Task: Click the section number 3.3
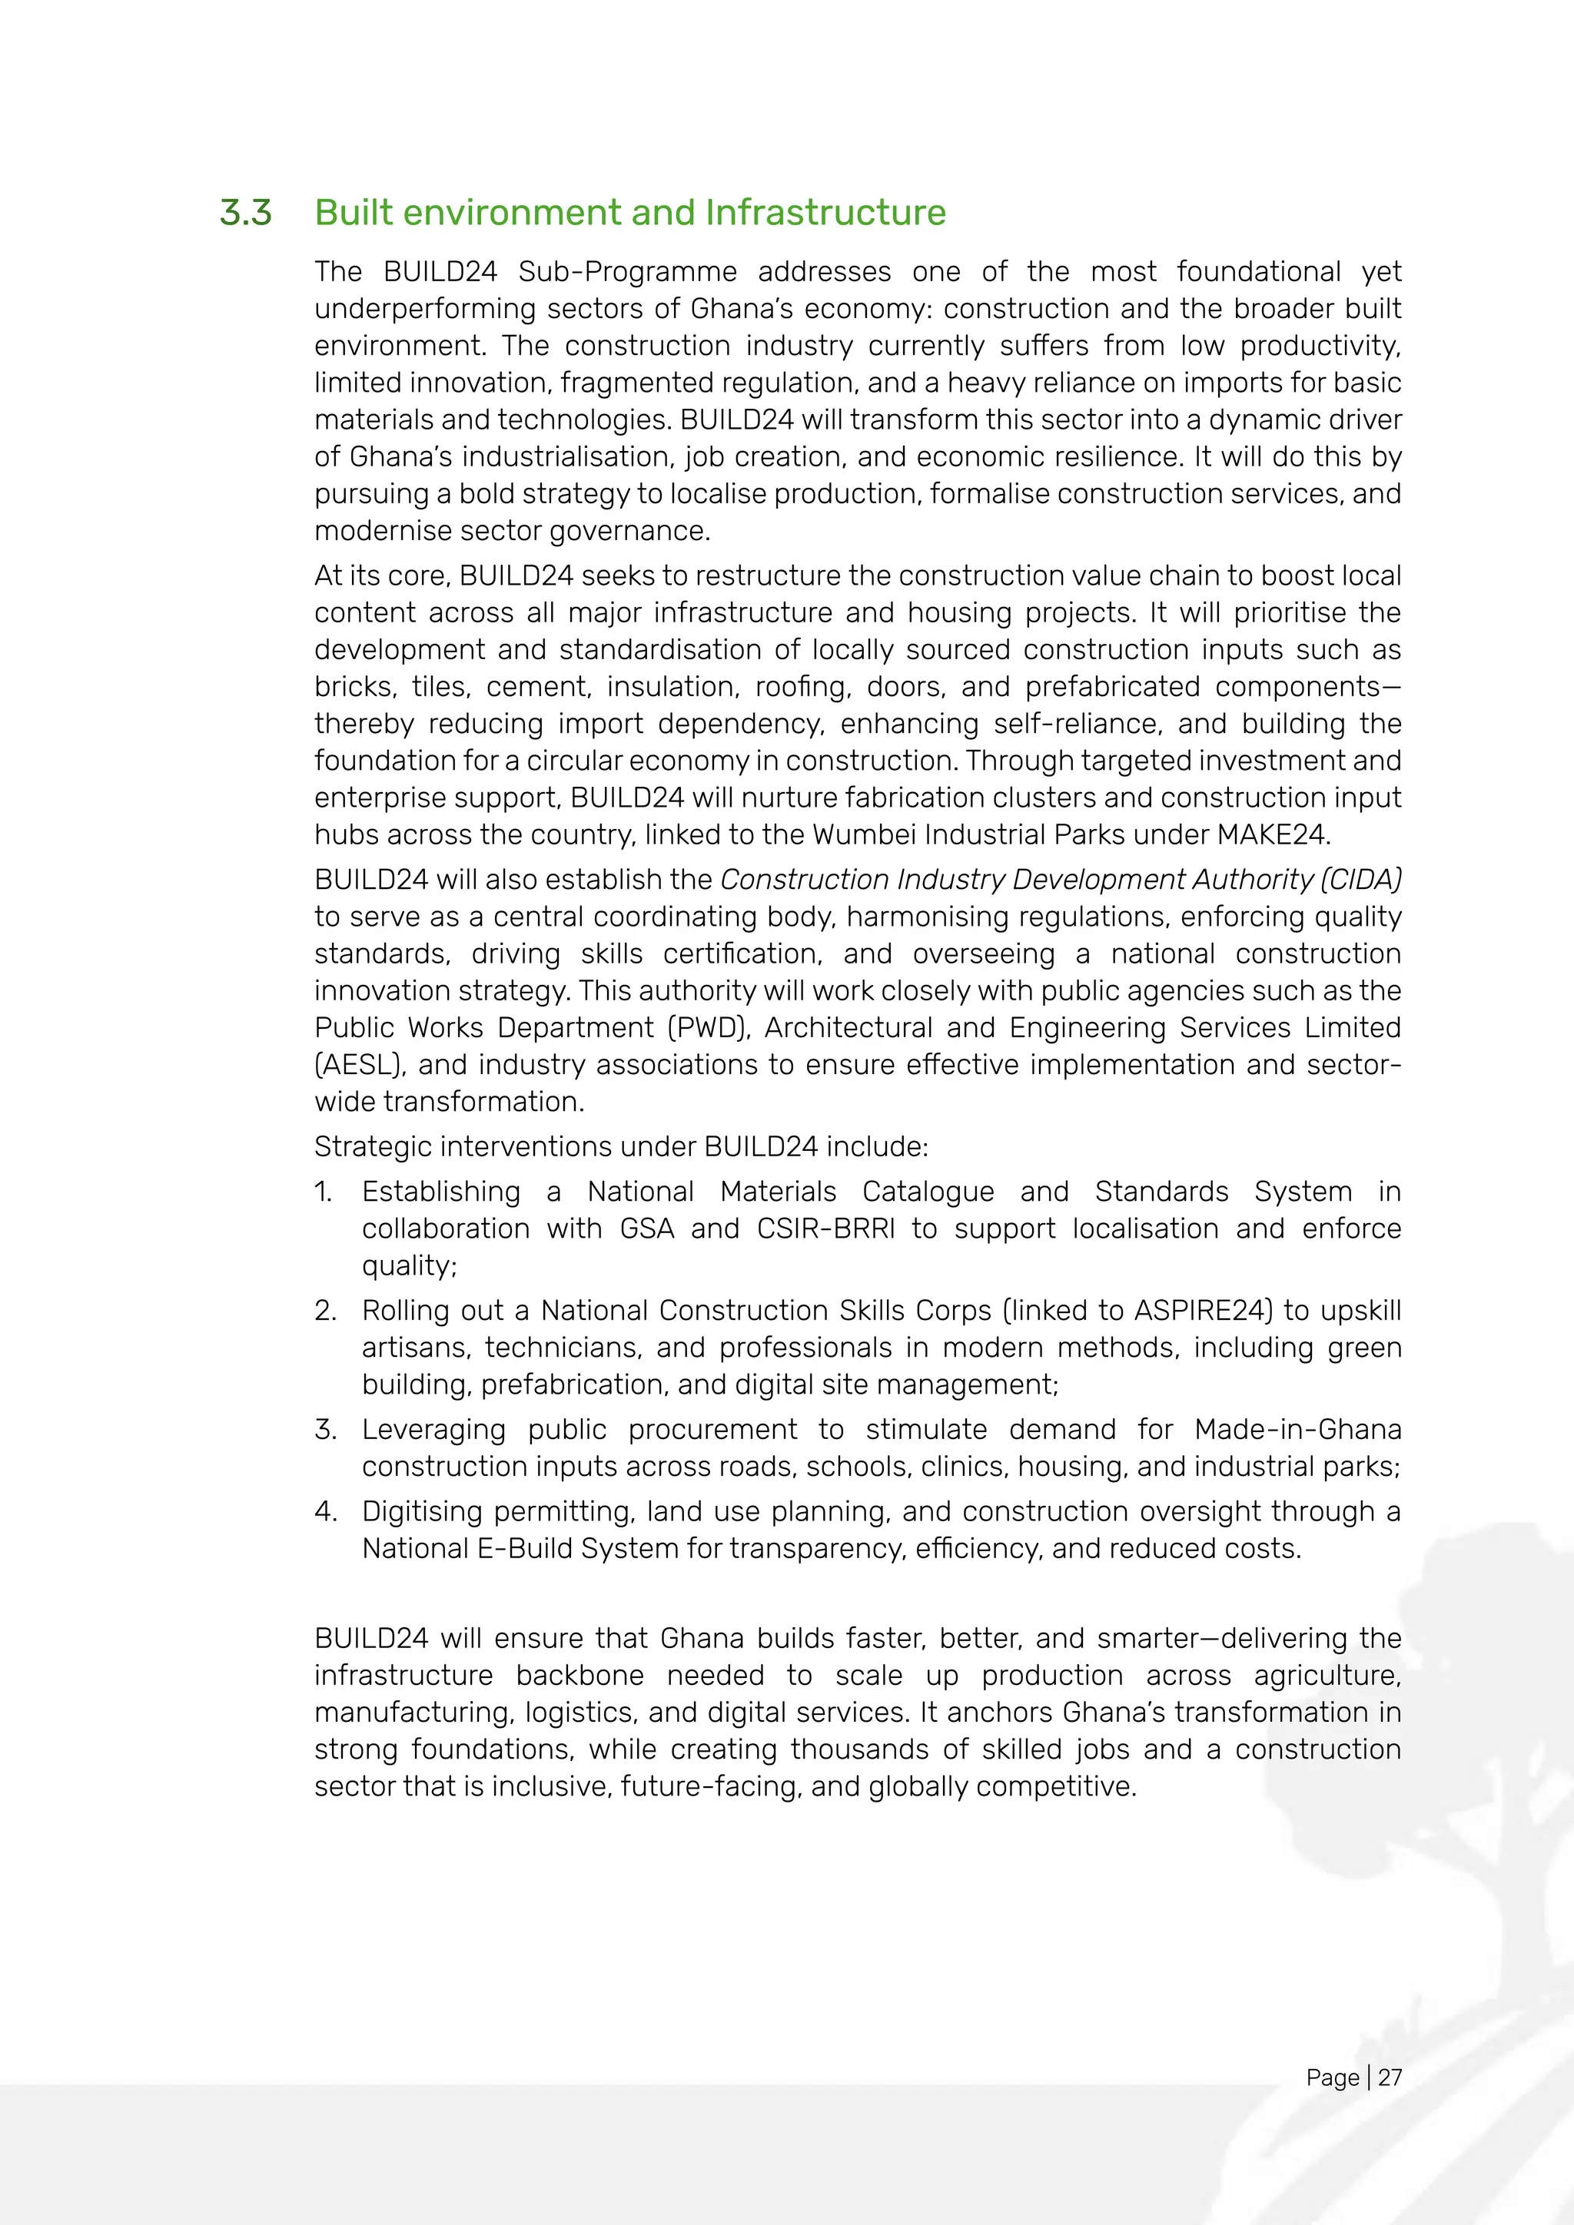(245, 212)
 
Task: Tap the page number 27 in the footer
(1390, 2077)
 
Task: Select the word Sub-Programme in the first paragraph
(627, 271)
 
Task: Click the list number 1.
(323, 1191)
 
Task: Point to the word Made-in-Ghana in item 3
(1298, 1429)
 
